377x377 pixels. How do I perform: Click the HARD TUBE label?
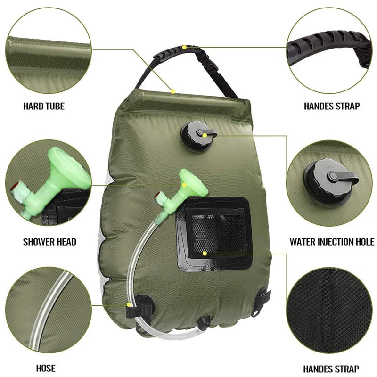pos(44,107)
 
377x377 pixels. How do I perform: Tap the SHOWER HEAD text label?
pos(49,242)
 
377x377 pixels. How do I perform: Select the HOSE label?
pos(46,368)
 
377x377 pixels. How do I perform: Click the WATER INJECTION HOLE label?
pos(332,242)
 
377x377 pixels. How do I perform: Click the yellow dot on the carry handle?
pos(184,47)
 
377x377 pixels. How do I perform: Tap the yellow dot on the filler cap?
pos(206,134)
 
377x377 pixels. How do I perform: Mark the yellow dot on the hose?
pos(129,305)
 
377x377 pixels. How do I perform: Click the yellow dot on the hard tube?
pos(173,91)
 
